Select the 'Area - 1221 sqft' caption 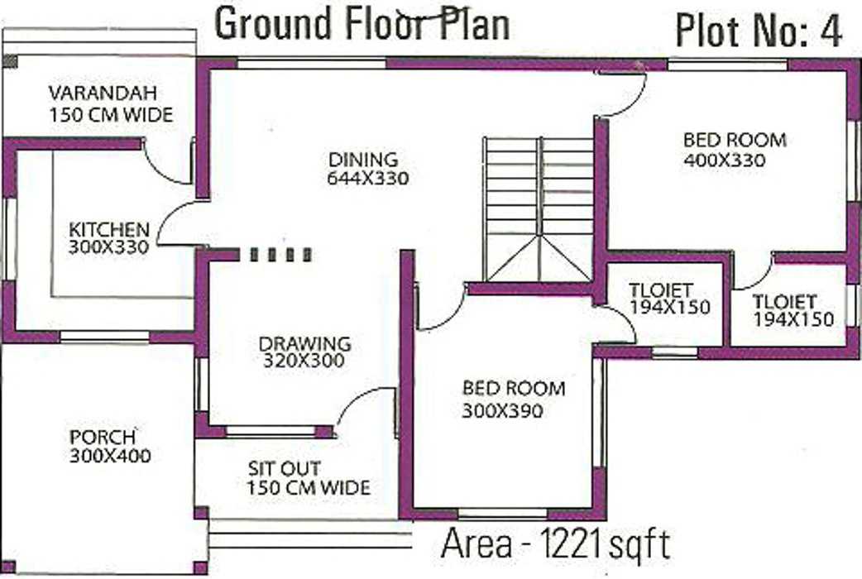coord(555,544)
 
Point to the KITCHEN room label coord(109,229)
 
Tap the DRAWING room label coord(304,342)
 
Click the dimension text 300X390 coord(502,409)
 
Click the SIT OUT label coord(285,469)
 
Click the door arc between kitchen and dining coord(175,225)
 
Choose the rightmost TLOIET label coord(784,302)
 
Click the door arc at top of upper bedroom coord(622,96)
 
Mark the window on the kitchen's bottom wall coord(104,337)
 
